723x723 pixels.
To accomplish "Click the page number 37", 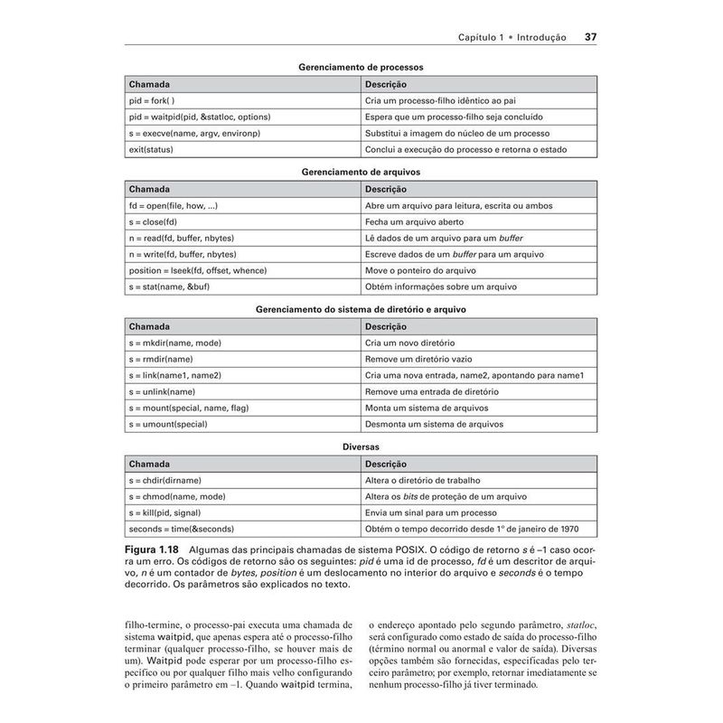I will (x=590, y=37).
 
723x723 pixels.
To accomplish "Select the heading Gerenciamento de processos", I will (x=361, y=67).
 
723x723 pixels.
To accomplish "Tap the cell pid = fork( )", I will (x=153, y=100).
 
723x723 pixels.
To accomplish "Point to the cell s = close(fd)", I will (x=154, y=221).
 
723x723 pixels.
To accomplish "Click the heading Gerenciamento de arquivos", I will (x=361, y=171).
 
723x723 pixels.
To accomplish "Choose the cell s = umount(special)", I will (x=169, y=424).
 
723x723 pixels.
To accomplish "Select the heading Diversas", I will (x=361, y=446).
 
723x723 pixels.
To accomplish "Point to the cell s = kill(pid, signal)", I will (x=166, y=512).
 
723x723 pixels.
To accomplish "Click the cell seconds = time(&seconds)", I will (x=182, y=529).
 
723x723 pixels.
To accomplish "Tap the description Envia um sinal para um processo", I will (x=425, y=512).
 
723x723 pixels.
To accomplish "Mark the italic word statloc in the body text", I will (x=579, y=624).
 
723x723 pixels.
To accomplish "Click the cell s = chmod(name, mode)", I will (x=177, y=496).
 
